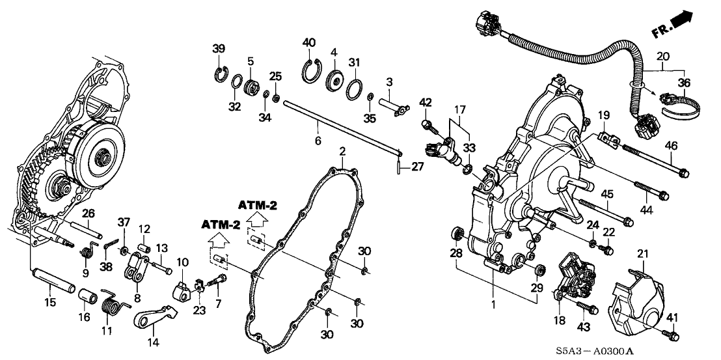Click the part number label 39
[x=218, y=48]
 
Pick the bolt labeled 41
[x=672, y=335]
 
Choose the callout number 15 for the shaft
[x=49, y=301]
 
